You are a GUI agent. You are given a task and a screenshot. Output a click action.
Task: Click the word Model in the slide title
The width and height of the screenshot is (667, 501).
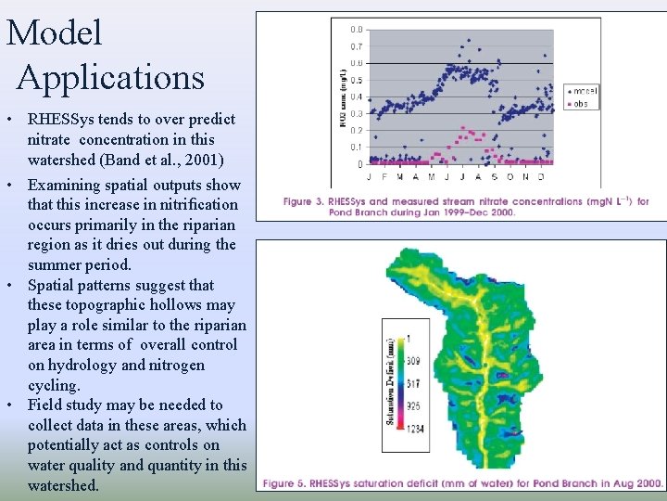pyautogui.click(x=54, y=33)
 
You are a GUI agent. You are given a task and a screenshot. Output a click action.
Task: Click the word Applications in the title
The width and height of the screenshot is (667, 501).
pyautogui.click(x=110, y=77)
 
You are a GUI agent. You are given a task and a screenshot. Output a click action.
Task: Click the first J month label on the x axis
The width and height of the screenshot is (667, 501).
pyautogui.click(x=371, y=175)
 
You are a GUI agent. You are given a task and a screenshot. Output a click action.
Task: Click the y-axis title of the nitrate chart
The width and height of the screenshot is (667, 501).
pyautogui.click(x=343, y=96)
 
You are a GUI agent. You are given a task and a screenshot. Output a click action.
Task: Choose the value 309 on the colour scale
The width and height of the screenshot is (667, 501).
pyautogui.click(x=412, y=360)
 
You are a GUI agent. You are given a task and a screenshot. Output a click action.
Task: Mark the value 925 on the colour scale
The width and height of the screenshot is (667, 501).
pyautogui.click(x=412, y=406)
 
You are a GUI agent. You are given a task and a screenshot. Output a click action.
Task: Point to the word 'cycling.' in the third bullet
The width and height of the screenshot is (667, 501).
pyautogui.click(x=54, y=385)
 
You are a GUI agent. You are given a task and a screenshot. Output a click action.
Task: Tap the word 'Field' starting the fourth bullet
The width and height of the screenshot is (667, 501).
pyautogui.click(x=45, y=405)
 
